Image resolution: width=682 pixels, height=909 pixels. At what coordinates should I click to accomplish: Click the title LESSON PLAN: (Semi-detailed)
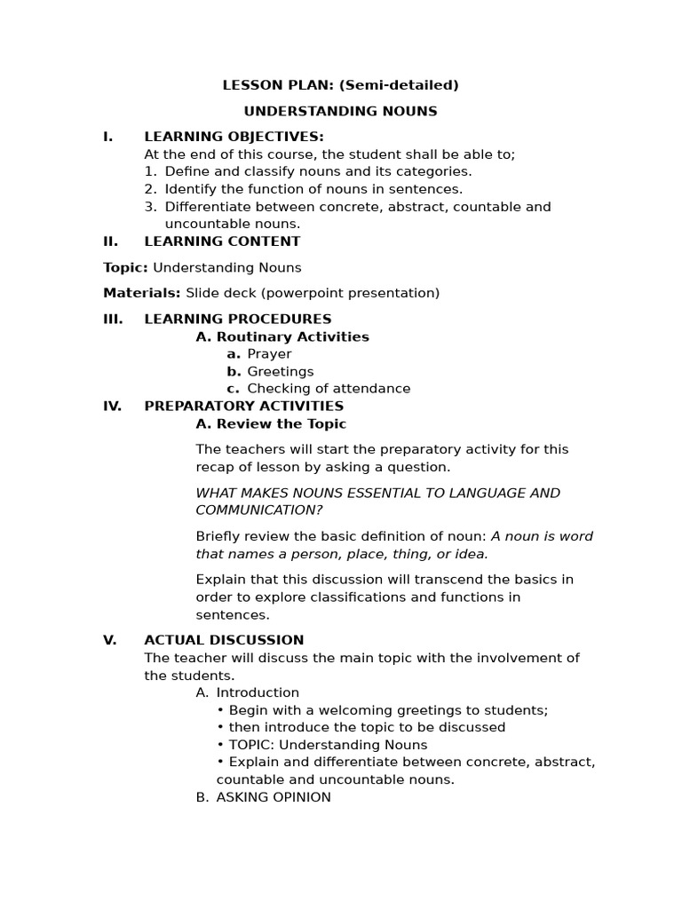(x=340, y=85)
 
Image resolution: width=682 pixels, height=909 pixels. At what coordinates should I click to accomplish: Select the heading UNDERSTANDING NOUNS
(x=340, y=111)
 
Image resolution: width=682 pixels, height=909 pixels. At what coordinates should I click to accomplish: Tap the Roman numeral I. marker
(x=108, y=137)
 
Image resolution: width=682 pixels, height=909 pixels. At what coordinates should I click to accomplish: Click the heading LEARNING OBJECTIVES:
(x=234, y=137)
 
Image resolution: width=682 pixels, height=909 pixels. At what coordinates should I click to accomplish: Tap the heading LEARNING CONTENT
(x=222, y=241)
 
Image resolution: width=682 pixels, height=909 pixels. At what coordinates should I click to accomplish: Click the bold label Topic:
(x=125, y=267)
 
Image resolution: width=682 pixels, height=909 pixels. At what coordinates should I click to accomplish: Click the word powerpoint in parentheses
(x=296, y=293)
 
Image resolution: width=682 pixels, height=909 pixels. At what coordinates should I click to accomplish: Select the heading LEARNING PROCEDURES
(x=237, y=319)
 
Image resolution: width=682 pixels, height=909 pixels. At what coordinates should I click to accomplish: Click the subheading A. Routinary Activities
(x=282, y=336)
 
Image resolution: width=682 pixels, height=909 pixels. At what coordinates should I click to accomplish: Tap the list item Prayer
(x=269, y=353)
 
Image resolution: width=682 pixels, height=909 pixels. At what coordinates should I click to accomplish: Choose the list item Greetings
(x=280, y=371)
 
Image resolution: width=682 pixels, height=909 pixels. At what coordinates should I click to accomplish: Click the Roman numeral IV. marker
(x=112, y=406)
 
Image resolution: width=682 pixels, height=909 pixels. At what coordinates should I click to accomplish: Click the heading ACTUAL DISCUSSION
(x=224, y=639)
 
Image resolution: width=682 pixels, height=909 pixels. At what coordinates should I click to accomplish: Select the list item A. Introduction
(x=248, y=692)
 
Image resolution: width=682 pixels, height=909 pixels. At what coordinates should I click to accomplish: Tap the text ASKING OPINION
(x=273, y=797)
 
